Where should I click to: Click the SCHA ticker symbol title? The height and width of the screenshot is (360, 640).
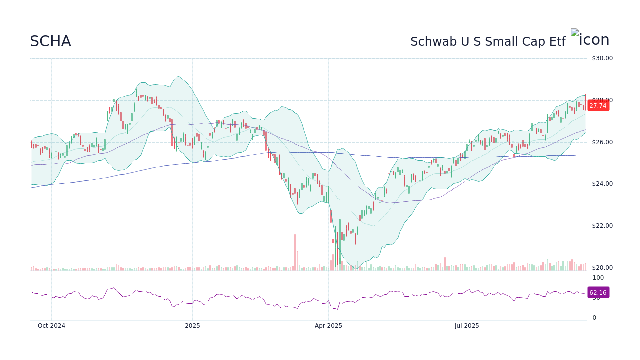(x=50, y=41)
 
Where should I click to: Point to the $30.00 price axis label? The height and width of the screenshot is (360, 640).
(x=602, y=58)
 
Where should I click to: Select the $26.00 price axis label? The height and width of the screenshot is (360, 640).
(x=602, y=142)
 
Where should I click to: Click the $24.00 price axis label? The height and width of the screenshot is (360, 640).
(x=602, y=184)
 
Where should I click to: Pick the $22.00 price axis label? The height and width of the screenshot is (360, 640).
(x=602, y=226)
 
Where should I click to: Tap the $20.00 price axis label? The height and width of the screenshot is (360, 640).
(x=602, y=268)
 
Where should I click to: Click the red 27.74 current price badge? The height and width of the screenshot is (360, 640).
(x=598, y=106)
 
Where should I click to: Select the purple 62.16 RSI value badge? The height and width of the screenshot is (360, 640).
(x=598, y=293)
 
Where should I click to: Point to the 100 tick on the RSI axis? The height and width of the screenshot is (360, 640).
(x=598, y=278)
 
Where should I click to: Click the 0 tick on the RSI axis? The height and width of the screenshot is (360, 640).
(x=594, y=318)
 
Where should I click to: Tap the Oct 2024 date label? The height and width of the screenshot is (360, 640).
(x=52, y=326)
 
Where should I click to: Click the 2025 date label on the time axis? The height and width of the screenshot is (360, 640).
(x=192, y=326)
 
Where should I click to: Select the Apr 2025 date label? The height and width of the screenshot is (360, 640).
(x=328, y=326)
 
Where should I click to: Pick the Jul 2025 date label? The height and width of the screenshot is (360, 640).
(x=467, y=326)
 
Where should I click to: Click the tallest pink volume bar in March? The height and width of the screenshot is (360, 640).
(x=295, y=252)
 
